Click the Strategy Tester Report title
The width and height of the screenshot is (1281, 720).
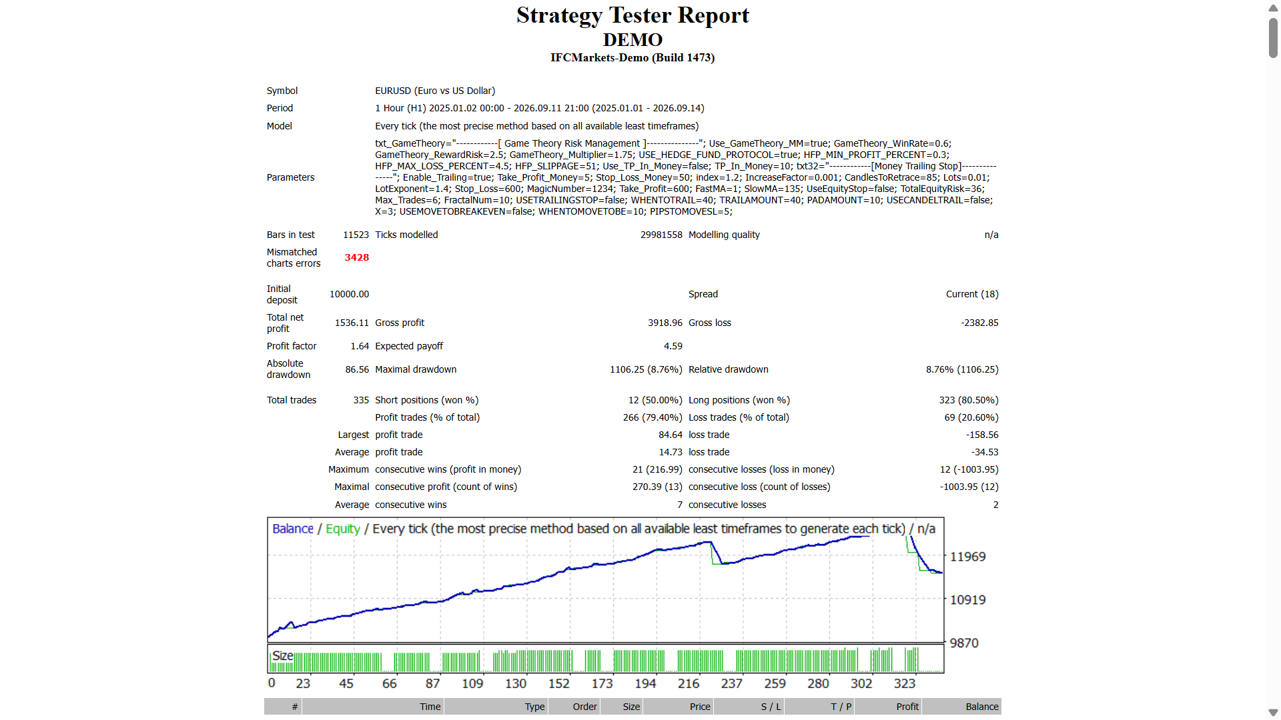(632, 15)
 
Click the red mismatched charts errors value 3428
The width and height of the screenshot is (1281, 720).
(357, 257)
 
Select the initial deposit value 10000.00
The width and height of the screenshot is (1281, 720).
(349, 294)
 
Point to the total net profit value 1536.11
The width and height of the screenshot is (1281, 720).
(352, 323)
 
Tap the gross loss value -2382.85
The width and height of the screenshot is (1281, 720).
(979, 323)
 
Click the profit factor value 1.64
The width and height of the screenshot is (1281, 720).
(360, 346)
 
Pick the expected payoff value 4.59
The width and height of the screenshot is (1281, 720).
(673, 346)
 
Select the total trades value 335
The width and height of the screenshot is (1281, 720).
(361, 400)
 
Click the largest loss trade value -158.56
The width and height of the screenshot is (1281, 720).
(982, 435)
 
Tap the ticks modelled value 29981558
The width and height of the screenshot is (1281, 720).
(661, 235)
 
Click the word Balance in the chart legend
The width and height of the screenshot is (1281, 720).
(293, 529)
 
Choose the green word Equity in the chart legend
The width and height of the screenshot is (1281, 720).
(343, 529)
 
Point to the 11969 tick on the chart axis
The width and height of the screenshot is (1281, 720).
(967, 557)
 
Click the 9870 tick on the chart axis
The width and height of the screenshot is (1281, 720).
(964, 643)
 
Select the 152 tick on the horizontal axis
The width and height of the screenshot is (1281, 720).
(559, 683)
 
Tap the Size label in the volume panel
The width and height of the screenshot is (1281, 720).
(283, 655)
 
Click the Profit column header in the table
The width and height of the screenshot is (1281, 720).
(907, 707)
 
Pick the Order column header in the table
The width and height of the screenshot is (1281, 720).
(584, 707)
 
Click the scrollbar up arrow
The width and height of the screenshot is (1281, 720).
(1273, 9)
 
